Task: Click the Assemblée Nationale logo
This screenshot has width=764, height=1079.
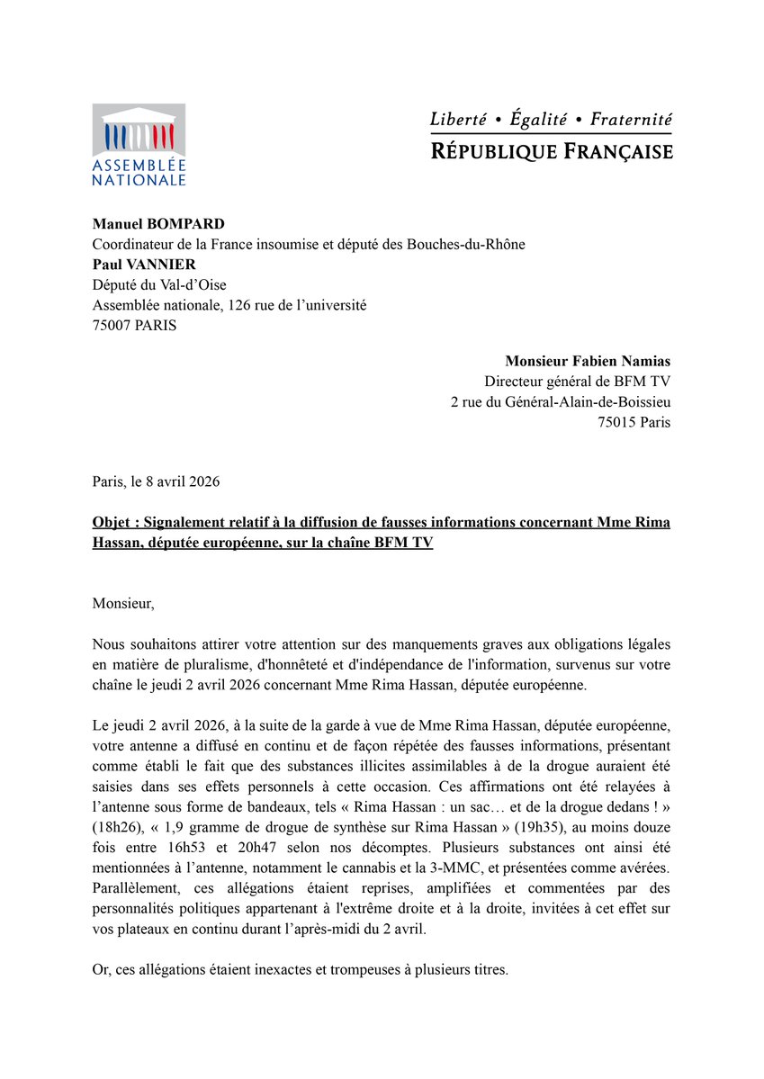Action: pyautogui.click(x=139, y=144)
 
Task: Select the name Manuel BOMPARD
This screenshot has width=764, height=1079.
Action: pyautogui.click(x=158, y=223)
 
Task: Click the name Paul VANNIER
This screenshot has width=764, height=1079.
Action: pyautogui.click(x=144, y=265)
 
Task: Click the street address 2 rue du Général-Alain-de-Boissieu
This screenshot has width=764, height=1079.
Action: pyautogui.click(x=560, y=401)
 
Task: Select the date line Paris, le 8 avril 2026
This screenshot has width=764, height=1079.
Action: pyautogui.click(x=156, y=481)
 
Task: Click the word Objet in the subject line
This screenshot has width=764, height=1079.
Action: pyautogui.click(x=114, y=523)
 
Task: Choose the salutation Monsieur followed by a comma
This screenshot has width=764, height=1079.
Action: pyautogui.click(x=123, y=604)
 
